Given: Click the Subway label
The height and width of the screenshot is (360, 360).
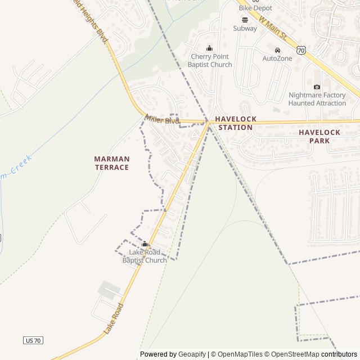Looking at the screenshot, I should tap(245, 28).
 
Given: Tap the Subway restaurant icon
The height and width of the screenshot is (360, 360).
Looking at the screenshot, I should tap(245, 19).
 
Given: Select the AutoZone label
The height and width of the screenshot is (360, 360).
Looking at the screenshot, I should tap(277, 58).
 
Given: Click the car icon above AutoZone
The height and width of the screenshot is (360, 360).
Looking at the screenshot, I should tap(277, 49).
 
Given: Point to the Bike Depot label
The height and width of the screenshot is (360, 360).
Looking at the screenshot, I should tap(255, 8).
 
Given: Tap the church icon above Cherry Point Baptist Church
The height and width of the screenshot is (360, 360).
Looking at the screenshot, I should tap(210, 48).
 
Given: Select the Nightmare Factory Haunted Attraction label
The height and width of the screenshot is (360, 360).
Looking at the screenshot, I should tap(317, 99).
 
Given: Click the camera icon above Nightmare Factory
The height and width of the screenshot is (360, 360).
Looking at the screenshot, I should tap(317, 87).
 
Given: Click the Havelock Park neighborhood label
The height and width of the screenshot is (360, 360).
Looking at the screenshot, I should tap(319, 136).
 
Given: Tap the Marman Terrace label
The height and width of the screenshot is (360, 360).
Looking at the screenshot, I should tap(111, 163).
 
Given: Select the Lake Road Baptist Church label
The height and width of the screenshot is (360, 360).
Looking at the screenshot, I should tap(145, 256).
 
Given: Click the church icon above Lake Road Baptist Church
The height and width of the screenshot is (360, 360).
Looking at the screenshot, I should tap(145, 244).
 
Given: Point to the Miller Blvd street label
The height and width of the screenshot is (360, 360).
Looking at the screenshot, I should tap(162, 120).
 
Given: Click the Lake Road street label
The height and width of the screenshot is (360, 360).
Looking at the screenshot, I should tap(113, 319).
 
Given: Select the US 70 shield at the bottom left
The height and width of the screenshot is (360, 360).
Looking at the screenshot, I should tap(33, 340).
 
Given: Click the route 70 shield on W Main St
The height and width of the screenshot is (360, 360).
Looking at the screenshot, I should tap(301, 51).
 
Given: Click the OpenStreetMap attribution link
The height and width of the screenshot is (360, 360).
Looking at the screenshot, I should tap(292, 354).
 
